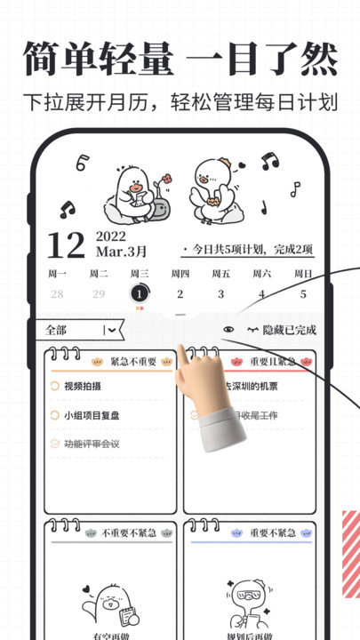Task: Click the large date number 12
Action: [66, 244]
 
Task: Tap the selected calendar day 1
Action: [139, 293]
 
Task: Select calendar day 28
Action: [57, 294]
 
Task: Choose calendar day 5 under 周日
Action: [302, 294]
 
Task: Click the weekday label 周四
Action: [180, 274]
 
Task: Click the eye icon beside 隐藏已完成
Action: [229, 330]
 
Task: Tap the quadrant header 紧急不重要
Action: [133, 362]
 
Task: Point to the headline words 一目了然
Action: [264, 59]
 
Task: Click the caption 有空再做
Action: [112, 634]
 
